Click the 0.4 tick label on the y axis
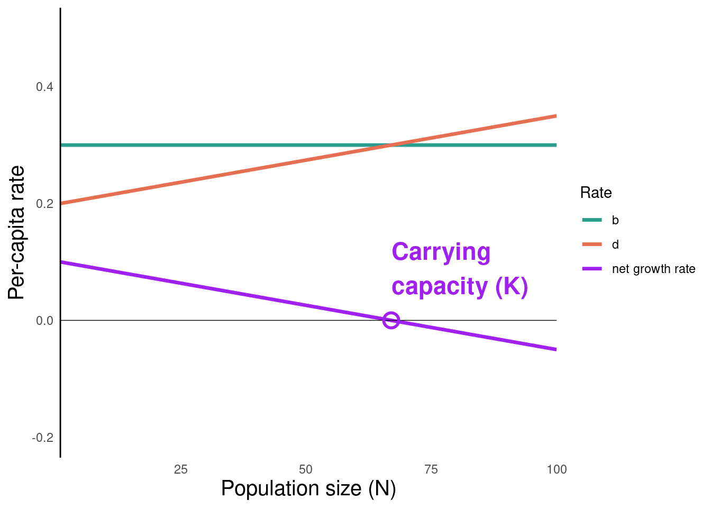(x=44, y=87)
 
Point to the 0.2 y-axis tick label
(x=44, y=204)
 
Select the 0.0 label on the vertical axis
(x=44, y=321)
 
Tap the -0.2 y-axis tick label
(x=43, y=438)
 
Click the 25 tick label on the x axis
(x=180, y=469)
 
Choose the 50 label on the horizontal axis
(x=305, y=469)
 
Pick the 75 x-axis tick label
(x=431, y=469)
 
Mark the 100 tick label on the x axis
(x=556, y=469)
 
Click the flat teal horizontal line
(x=212, y=145)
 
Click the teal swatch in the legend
(x=591, y=220)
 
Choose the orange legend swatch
(x=591, y=244)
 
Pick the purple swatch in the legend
(x=591, y=269)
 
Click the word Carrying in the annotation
(x=441, y=252)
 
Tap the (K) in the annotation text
(x=512, y=287)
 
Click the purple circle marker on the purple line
(x=391, y=320)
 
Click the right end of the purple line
(x=555, y=349)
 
